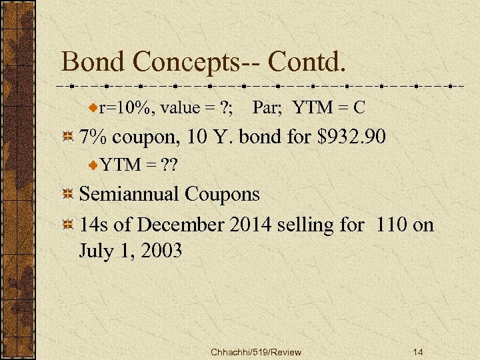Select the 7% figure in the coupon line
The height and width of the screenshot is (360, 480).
[x=94, y=138]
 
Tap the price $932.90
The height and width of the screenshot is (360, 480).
[x=353, y=138]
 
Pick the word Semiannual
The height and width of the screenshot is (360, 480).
[x=129, y=194]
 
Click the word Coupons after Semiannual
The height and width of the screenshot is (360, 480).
[x=223, y=195]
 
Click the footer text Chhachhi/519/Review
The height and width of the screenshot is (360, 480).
[x=255, y=352]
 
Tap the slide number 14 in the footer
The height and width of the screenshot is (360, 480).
[x=418, y=352]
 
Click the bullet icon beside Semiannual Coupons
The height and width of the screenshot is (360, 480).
[x=67, y=195]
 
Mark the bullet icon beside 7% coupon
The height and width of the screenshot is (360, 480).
[x=67, y=138]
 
